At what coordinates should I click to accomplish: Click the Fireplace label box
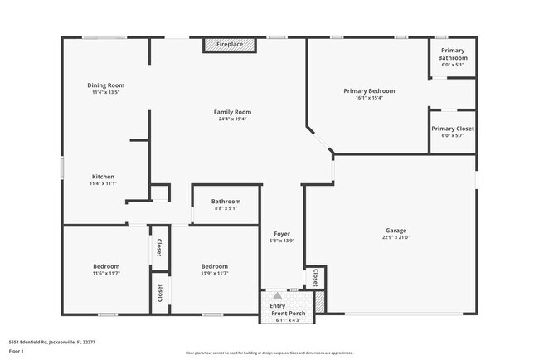coord(230,44)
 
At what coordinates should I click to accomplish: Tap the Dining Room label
coord(106,85)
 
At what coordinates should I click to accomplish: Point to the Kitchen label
coord(103,177)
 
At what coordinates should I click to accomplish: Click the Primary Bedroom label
coord(369,90)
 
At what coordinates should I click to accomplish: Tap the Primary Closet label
coord(453,129)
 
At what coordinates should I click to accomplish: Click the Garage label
coord(396,230)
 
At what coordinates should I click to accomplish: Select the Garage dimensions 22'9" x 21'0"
coord(396,237)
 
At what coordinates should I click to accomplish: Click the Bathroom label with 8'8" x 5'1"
coord(225,202)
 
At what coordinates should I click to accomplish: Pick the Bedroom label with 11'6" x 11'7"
coord(106,266)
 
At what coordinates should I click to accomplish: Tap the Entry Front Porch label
coord(287,309)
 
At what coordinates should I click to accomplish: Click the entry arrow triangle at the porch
coord(277,294)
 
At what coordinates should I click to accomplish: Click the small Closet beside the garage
coord(315,276)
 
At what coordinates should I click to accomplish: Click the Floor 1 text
coord(17,351)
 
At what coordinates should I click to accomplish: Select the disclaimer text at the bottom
coord(269,352)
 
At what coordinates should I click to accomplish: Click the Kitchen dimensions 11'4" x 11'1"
coord(104,184)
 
